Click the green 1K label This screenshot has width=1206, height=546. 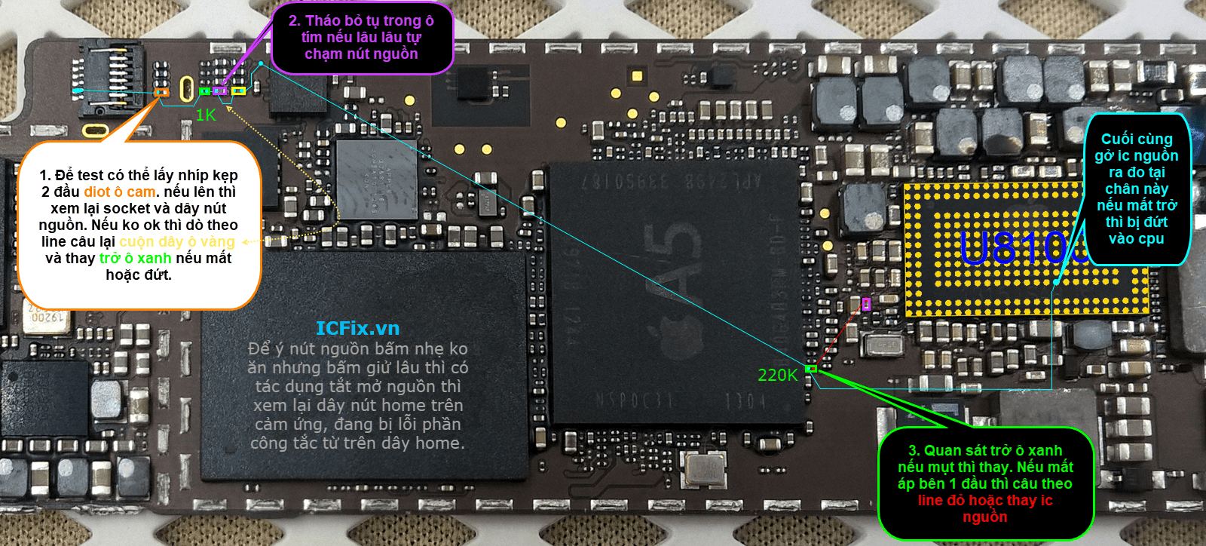[206, 115]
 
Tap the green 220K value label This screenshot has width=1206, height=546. [777, 376]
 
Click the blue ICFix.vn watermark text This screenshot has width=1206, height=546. [357, 329]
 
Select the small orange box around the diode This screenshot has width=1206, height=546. [161, 93]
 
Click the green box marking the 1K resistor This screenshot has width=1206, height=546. [204, 91]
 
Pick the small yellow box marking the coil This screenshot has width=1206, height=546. [238, 91]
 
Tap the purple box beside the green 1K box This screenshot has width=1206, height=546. [220, 91]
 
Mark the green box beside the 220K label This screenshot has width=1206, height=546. [811, 369]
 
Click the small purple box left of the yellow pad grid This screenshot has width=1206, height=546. [866, 304]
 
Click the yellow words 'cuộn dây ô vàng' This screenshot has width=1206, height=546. [177, 242]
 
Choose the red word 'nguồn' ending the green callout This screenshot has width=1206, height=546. [984, 517]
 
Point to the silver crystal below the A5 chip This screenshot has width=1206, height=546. [706, 468]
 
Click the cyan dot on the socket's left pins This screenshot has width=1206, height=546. [77, 91]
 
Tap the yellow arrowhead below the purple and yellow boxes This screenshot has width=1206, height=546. [228, 109]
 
